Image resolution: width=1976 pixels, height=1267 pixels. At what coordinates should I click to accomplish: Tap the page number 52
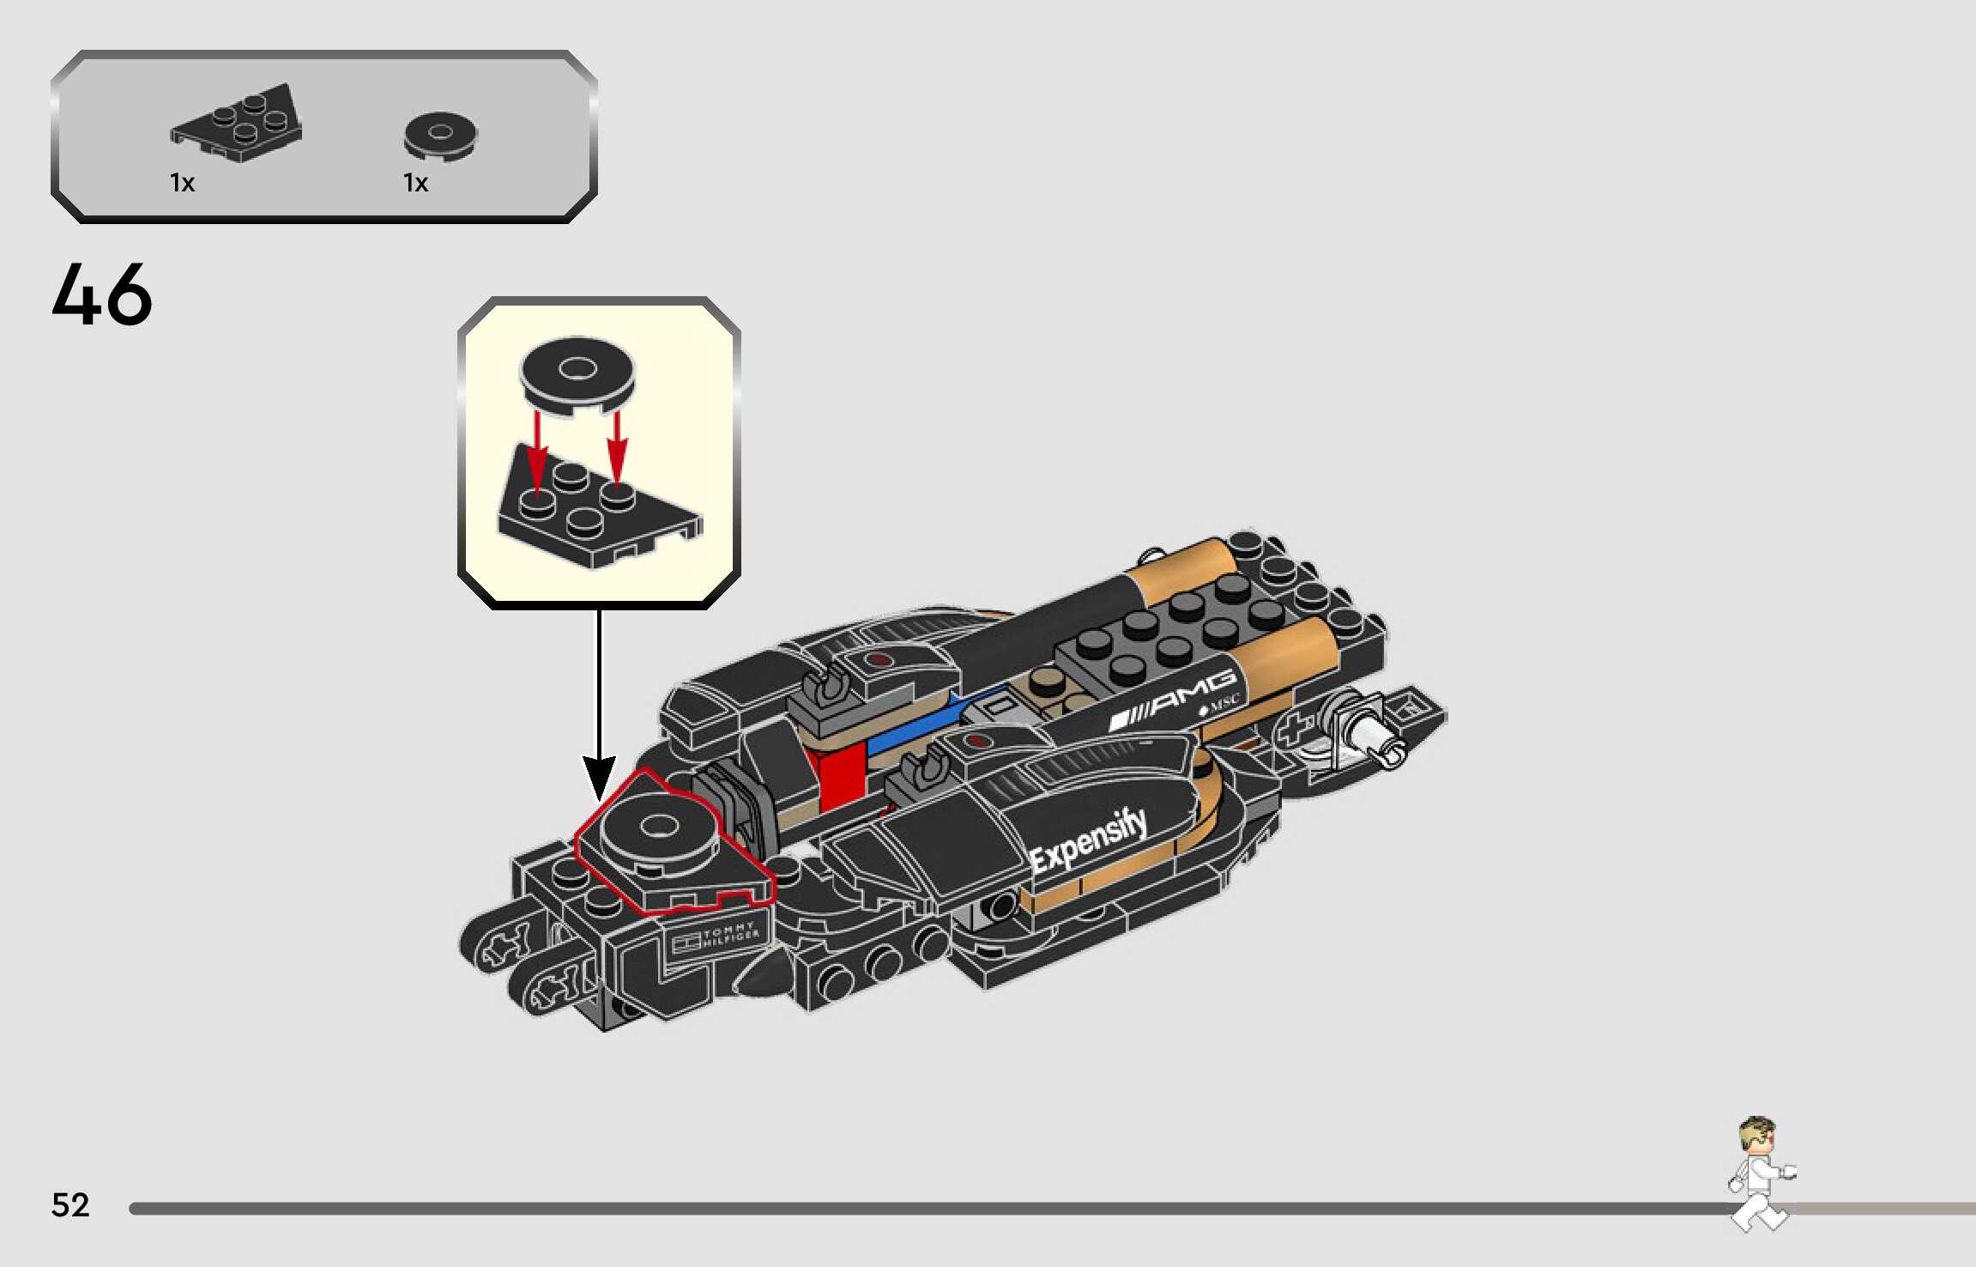[70, 1204]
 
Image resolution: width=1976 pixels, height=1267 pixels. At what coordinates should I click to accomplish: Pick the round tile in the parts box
[440, 136]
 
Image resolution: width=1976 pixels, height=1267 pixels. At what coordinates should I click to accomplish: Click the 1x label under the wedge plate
[182, 183]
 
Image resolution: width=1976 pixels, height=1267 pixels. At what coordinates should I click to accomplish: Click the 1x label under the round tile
[415, 183]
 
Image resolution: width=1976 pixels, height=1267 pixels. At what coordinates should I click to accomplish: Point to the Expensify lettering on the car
[1088, 840]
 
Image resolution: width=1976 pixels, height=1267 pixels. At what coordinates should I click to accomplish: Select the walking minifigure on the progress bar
[1759, 1173]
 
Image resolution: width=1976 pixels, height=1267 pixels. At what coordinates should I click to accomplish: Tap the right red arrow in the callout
[617, 447]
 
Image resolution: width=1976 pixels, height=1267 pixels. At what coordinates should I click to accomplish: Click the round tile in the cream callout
[577, 374]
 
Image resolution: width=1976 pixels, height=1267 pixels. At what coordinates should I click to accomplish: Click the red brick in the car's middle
[842, 778]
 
